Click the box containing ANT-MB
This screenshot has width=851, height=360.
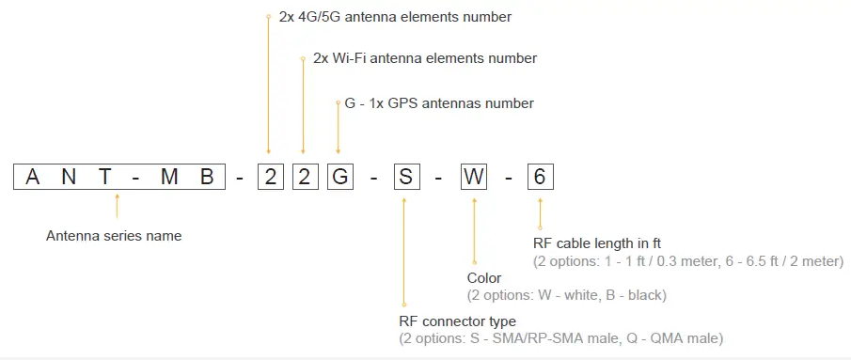point(119,177)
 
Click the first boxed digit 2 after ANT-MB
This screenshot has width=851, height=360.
point(270,177)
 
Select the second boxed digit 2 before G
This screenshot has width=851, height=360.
point(303,177)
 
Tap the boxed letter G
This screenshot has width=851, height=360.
point(338,177)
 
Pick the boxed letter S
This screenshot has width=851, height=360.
point(405,177)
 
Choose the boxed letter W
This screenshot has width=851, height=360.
point(473,177)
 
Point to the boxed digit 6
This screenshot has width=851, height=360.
point(540,177)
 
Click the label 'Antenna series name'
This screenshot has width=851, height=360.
point(114,236)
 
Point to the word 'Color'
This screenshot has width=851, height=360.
point(484,278)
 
